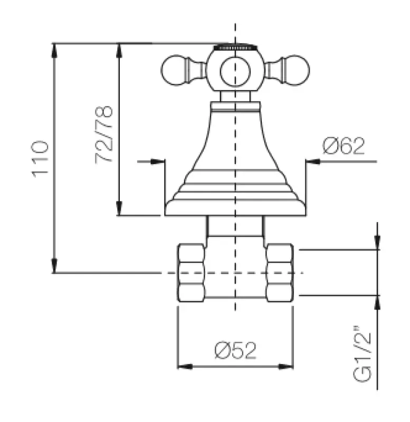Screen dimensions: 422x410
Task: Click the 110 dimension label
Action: [x=41, y=158]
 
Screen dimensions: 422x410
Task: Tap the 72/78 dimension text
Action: [x=104, y=135]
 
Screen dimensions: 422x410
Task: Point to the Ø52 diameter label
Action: [x=235, y=350]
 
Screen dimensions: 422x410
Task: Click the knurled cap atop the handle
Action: [x=235, y=47]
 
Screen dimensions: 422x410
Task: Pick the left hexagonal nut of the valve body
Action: [x=191, y=273]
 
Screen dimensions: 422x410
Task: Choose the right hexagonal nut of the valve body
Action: [x=279, y=273]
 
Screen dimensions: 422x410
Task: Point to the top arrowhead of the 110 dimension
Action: [x=54, y=49]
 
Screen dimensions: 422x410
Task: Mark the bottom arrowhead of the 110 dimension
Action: [x=54, y=267]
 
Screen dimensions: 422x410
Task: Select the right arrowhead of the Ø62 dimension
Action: [x=312, y=161]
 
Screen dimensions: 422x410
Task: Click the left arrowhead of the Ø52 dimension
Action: [x=183, y=366]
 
